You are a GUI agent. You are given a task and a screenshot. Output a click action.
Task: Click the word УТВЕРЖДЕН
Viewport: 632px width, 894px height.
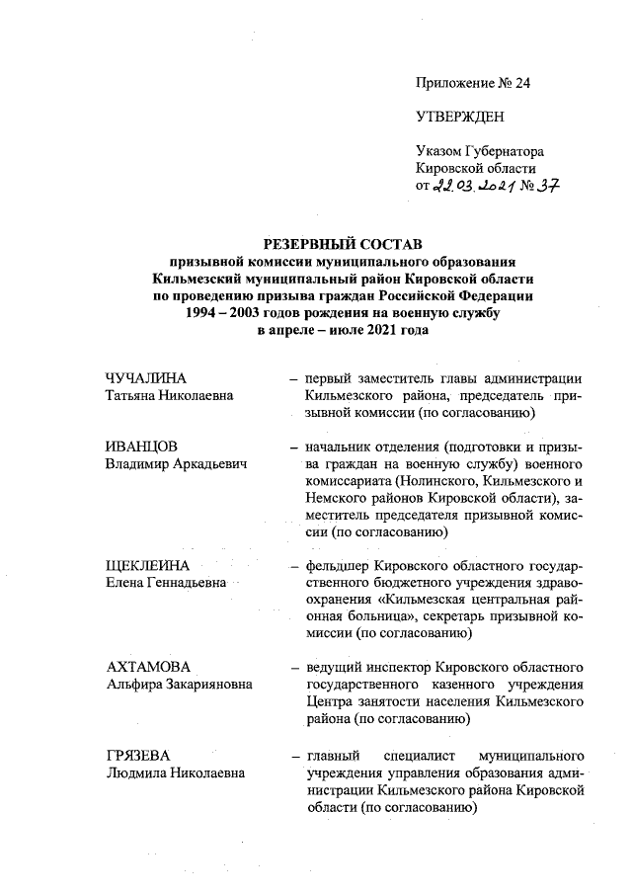pyautogui.click(x=460, y=118)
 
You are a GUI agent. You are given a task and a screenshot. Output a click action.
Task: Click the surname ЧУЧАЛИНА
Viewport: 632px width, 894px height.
pyautogui.click(x=146, y=378)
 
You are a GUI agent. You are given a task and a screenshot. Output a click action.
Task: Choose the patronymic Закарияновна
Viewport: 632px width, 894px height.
pyautogui.click(x=209, y=684)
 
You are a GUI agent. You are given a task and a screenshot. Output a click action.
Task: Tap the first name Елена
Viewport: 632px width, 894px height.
pyautogui.click(x=125, y=583)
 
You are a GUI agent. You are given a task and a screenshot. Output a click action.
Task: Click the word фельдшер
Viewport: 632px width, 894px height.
pyautogui.click(x=336, y=566)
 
